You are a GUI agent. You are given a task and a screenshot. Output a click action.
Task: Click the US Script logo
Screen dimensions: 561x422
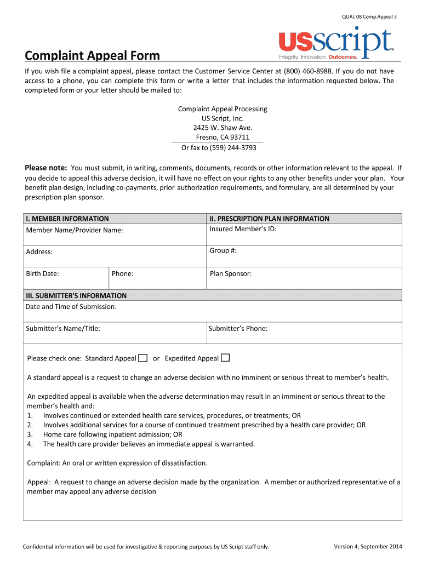[x=335, y=44]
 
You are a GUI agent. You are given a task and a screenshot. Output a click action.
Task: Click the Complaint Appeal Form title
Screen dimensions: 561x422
[x=92, y=55]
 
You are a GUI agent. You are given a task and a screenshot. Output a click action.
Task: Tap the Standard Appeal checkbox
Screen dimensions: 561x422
[x=142, y=358]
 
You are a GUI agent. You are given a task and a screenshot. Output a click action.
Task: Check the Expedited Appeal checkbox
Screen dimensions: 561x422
[x=225, y=358]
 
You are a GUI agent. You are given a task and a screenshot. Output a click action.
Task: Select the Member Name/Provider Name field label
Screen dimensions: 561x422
[x=75, y=230]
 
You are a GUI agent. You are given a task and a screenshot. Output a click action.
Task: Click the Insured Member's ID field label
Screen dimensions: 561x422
[x=243, y=229]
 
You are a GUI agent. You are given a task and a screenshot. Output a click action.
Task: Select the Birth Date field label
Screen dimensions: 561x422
[x=42, y=273]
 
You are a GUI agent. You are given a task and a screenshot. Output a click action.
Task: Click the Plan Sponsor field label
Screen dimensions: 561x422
[x=230, y=273]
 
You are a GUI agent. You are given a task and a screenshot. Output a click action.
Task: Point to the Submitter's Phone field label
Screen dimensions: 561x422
[x=238, y=329]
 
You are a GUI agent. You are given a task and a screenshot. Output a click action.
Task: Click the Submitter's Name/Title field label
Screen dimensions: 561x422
[x=62, y=329]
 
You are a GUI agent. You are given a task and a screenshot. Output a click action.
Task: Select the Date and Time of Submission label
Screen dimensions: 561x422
[x=71, y=307]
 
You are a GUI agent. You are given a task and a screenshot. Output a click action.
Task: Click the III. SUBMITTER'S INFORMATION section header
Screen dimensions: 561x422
[x=76, y=295]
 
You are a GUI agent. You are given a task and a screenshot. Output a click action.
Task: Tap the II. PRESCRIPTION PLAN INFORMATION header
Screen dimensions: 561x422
[x=269, y=219]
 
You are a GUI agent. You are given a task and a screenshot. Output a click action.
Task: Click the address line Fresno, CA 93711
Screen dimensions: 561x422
[x=223, y=137]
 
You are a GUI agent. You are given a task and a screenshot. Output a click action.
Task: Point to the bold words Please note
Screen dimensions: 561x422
[x=46, y=168]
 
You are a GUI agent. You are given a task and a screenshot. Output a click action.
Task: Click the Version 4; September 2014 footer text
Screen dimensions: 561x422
[x=368, y=546]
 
